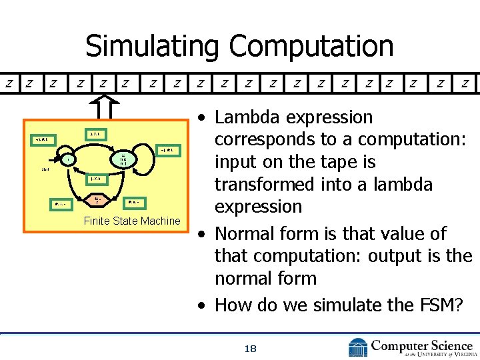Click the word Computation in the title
pyautogui.click(x=311, y=46)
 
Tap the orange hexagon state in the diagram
pyautogui.click(x=97, y=199)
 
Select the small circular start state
pyautogui.click(x=67, y=159)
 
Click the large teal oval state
pyautogui.click(x=124, y=159)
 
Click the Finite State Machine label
pyautogui.click(x=132, y=221)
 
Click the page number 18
pyautogui.click(x=251, y=348)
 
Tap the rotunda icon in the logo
pyautogui.click(x=357, y=347)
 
